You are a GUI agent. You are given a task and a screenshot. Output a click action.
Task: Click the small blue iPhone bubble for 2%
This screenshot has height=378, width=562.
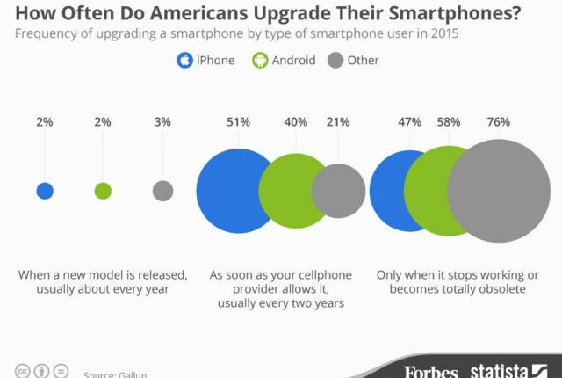coord(45,191)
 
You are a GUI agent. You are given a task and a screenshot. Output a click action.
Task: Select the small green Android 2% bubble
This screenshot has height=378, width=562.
coord(103,191)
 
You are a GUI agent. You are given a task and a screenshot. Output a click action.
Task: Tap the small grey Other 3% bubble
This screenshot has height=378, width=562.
coord(162,191)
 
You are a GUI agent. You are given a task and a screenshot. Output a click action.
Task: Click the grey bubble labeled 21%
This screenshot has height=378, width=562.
coord(339,191)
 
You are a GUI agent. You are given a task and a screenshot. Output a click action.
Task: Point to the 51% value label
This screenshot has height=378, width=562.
coord(237,122)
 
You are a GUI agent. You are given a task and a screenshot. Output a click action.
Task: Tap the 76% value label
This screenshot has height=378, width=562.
coord(499,122)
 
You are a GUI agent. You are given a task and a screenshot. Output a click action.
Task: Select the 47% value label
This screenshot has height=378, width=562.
coord(410,122)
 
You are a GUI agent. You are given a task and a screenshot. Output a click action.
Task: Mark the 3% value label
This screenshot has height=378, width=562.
coord(162,122)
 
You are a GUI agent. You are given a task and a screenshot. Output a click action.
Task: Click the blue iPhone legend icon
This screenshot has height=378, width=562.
coord(185,62)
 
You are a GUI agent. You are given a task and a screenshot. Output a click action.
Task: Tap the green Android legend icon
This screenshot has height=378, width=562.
coord(260,62)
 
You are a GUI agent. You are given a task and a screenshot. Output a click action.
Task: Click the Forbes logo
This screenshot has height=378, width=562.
coord(431,371)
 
